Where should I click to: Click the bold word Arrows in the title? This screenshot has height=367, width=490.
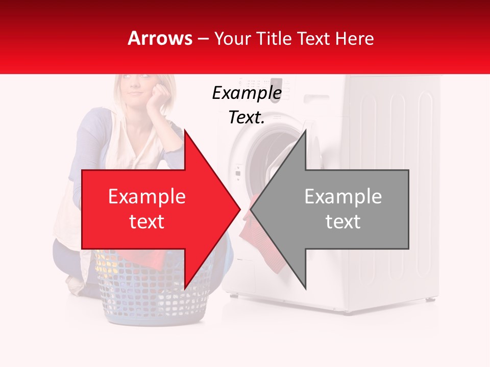[x=160, y=38]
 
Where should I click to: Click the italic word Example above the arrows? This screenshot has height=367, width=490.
[x=247, y=93]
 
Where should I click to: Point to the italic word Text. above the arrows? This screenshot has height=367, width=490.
[x=247, y=118]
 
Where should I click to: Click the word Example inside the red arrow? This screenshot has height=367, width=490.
[x=146, y=197]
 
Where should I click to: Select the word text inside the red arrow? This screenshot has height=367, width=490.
[x=146, y=222]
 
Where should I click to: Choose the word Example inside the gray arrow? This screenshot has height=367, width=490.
[x=343, y=197]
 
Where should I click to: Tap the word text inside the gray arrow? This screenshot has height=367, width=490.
[x=343, y=222]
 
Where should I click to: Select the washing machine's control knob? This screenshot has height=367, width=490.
[x=276, y=83]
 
